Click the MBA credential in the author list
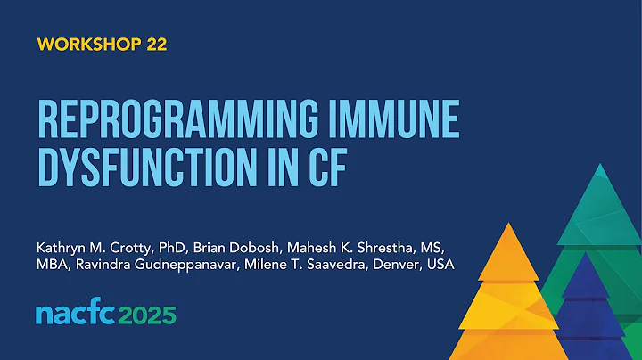(53, 266)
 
